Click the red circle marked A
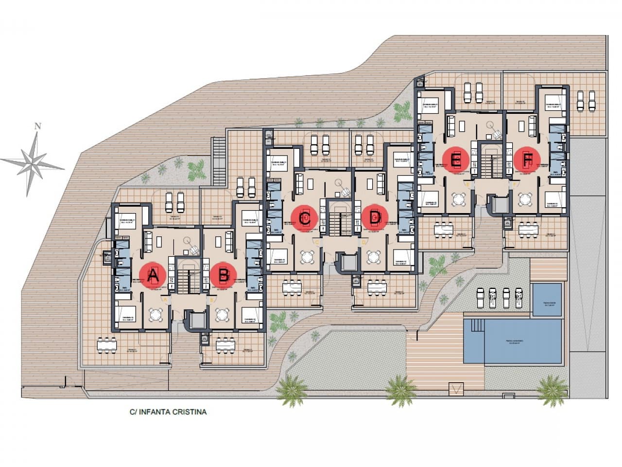[x=153, y=275]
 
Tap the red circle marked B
[x=224, y=275]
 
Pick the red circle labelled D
[x=375, y=217]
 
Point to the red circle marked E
[x=456, y=160]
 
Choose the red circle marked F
[x=527, y=159]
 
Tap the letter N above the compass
[x=37, y=126]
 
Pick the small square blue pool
[x=547, y=300]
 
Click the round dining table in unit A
[x=156, y=315]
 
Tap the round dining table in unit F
[x=525, y=199]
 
